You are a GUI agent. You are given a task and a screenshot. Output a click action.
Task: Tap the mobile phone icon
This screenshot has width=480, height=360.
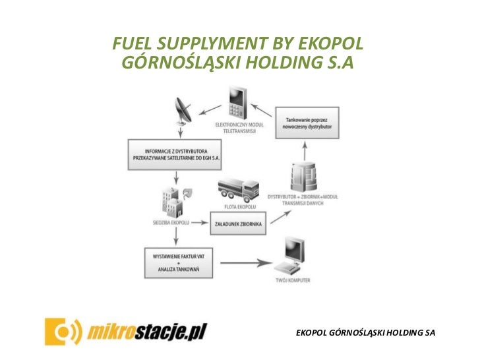click(236, 103)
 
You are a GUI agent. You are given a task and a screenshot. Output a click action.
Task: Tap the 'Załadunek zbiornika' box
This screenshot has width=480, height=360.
click(237, 224)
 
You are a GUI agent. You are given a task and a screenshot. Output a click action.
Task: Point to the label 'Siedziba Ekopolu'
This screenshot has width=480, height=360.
click(170, 223)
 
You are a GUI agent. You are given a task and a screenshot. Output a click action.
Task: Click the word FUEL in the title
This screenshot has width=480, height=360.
click(132, 43)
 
